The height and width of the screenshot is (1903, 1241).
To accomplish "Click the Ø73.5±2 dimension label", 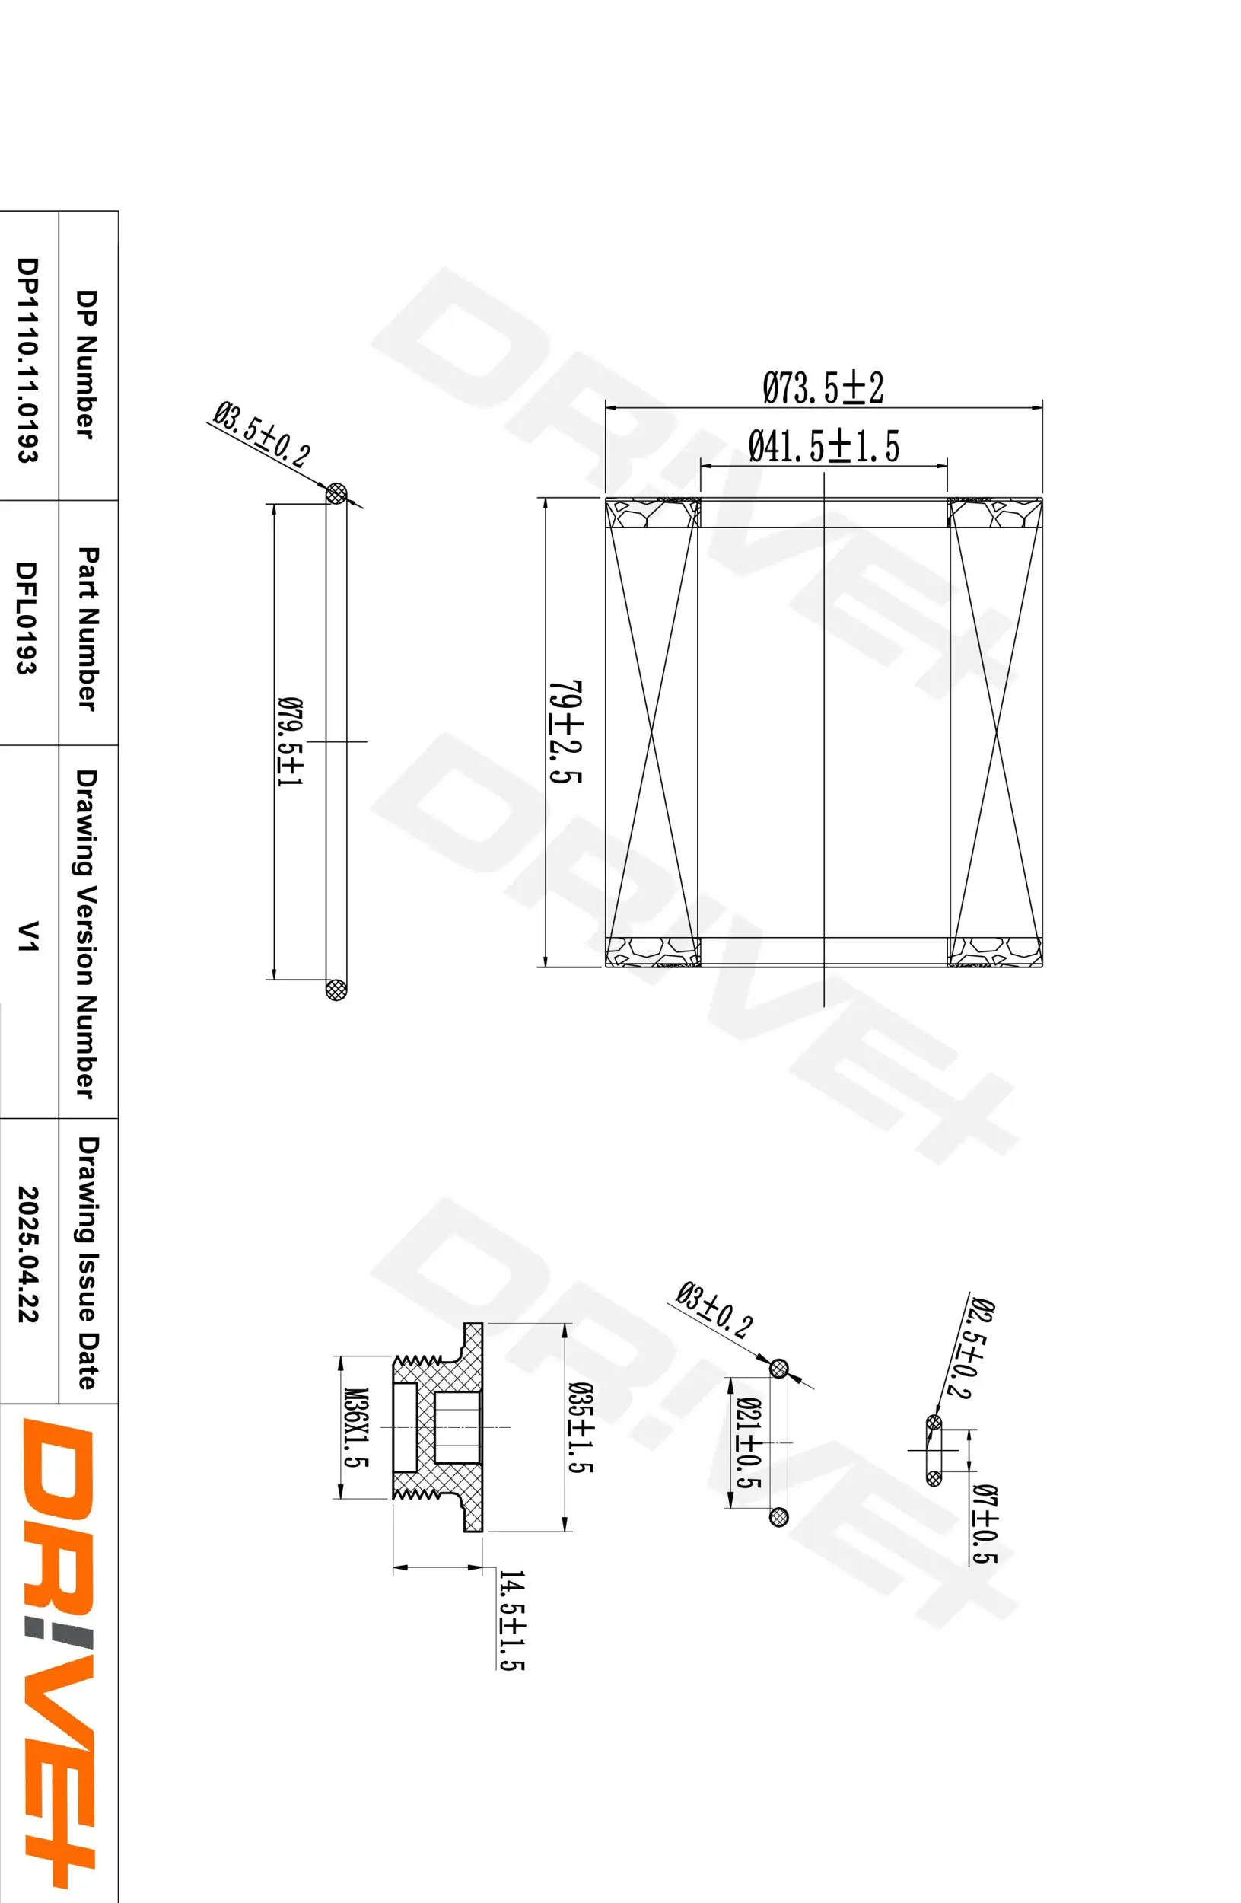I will click(x=823, y=387).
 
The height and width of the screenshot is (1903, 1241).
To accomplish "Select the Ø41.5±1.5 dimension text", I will click(x=823, y=445).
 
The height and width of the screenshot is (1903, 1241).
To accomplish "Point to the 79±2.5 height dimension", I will click(x=566, y=732).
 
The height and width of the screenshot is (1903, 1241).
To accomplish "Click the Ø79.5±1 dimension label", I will click(x=289, y=741).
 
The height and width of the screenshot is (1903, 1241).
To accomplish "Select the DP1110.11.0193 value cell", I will click(x=28, y=359).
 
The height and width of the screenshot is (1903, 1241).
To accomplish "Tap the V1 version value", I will click(x=29, y=936).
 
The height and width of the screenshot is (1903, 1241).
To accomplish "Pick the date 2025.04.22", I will click(x=28, y=1254).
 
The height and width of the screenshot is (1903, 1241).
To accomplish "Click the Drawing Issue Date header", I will click(x=88, y=1263).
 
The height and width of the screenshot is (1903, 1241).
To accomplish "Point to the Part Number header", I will click(x=88, y=628).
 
